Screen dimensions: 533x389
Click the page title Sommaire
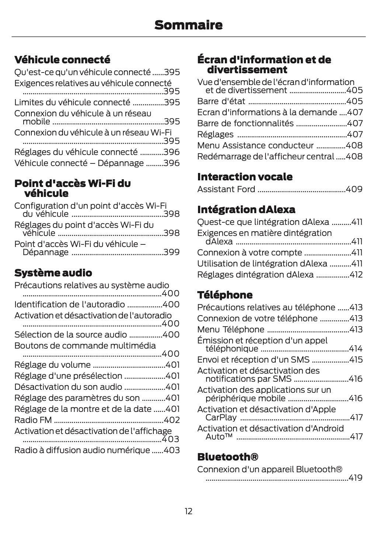coord(188,25)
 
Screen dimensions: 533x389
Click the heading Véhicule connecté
coord(62,60)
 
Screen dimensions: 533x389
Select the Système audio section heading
coord(53,273)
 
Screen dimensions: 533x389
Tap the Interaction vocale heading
coord(244,177)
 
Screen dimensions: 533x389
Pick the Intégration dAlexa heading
coord(246,209)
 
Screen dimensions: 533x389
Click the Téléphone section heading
coord(225,295)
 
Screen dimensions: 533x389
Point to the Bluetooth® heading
coord(228,457)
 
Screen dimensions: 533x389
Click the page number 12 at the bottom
coord(188,511)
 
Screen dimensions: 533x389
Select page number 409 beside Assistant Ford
coord(354,189)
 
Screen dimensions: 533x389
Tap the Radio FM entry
coord(33,420)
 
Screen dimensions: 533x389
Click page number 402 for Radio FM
coord(171,420)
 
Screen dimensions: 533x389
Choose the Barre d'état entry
coord(216,101)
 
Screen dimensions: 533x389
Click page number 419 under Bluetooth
coord(355,478)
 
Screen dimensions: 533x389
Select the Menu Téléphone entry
coord(230,329)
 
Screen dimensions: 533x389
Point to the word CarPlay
coord(221,417)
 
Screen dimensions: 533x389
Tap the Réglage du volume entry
coord(52,365)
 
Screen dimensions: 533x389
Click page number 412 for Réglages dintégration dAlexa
coord(356,275)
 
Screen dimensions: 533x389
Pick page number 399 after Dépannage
coord(171,252)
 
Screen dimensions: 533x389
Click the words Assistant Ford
coord(226,189)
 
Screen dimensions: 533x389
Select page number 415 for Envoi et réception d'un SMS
coord(356,360)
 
